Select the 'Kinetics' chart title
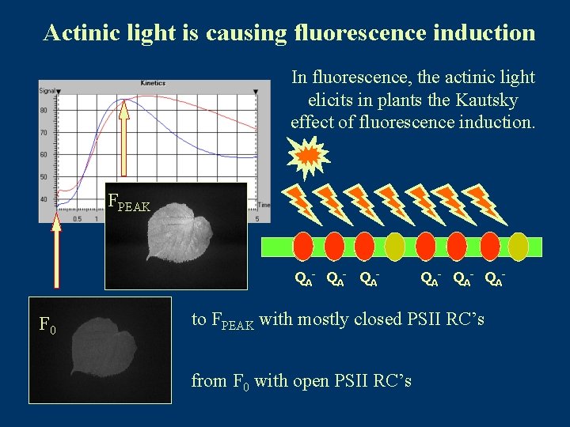pos(154,82)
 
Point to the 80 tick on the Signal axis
pos(44,110)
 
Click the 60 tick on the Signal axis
pos(44,154)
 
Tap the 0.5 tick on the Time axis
pos(78,218)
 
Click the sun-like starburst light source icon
pos(308,155)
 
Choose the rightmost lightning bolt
pos(485,203)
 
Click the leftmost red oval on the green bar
pos(304,246)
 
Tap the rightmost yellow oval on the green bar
pos(519,246)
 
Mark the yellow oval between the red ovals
pos(395,246)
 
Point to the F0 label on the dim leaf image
pos(47,323)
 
